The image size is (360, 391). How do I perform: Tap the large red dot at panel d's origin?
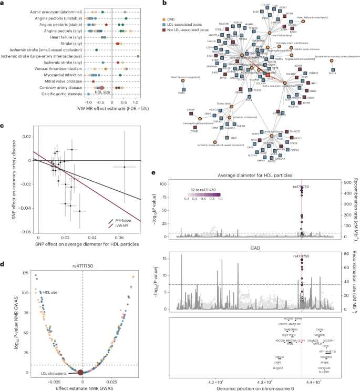80,373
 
